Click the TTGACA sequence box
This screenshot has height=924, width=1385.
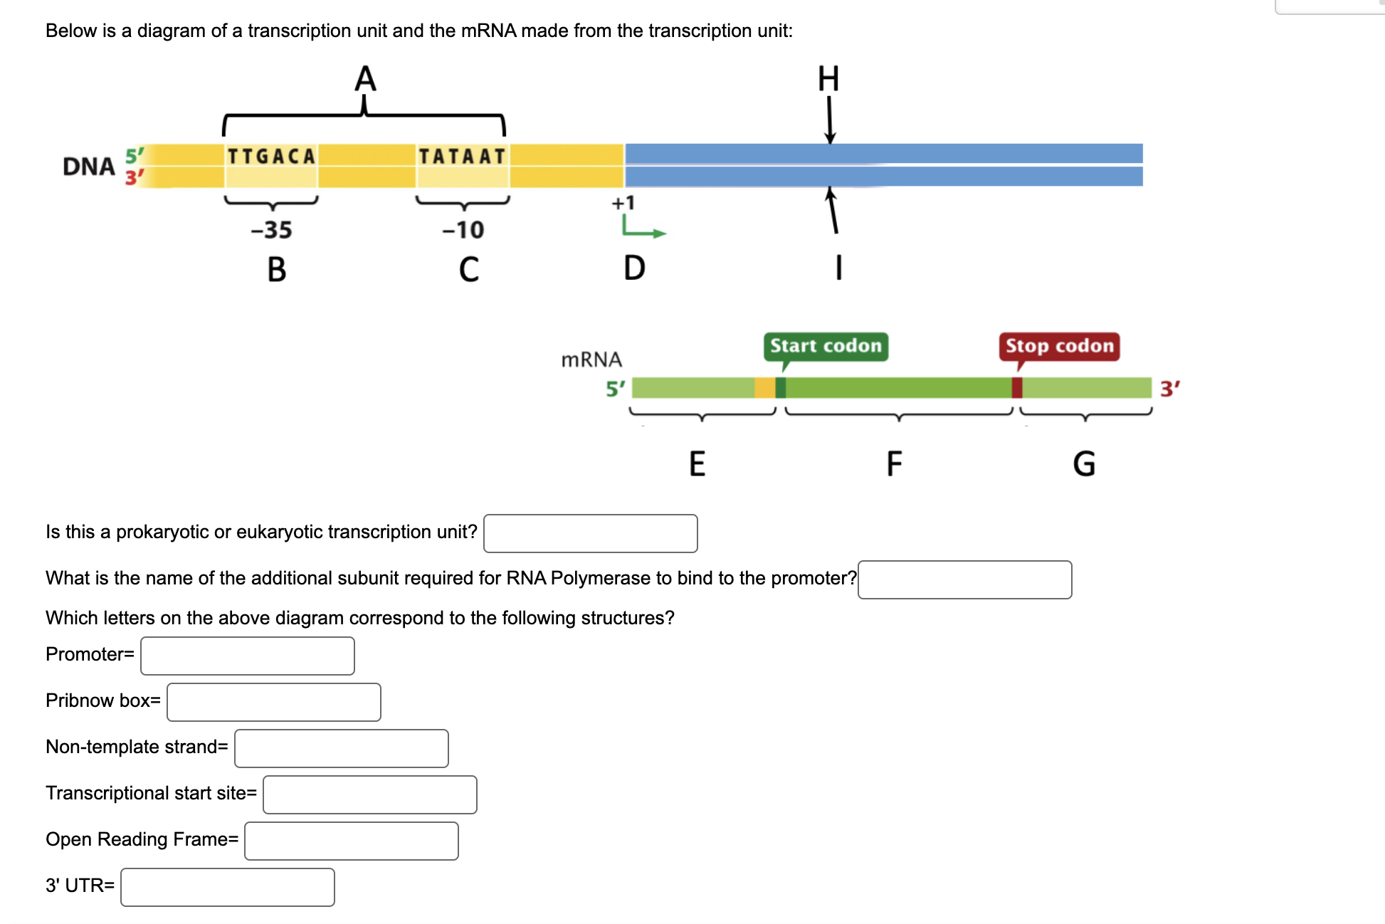point(271,157)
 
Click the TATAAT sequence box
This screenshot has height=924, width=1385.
point(462,157)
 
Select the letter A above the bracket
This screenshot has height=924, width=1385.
point(365,79)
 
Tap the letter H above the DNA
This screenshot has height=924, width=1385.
point(828,79)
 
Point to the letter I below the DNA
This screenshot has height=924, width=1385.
point(839,268)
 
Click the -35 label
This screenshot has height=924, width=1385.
point(271,230)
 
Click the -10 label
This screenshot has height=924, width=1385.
point(463,230)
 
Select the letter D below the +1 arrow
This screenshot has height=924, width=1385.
point(634,268)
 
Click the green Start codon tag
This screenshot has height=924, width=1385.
point(826,346)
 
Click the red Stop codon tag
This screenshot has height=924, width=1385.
point(1059,346)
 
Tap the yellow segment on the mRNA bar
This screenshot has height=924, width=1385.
point(764,388)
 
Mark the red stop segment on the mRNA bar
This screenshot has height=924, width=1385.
point(1017,388)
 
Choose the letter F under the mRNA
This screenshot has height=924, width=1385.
point(894,463)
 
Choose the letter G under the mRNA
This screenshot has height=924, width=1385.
point(1084,463)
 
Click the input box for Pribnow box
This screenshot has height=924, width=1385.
point(274,702)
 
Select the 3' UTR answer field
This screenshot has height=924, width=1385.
point(228,887)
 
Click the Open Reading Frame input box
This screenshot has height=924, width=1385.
point(352,841)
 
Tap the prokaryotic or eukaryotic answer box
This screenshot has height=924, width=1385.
point(591,533)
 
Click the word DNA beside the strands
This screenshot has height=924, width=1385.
point(88,167)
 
